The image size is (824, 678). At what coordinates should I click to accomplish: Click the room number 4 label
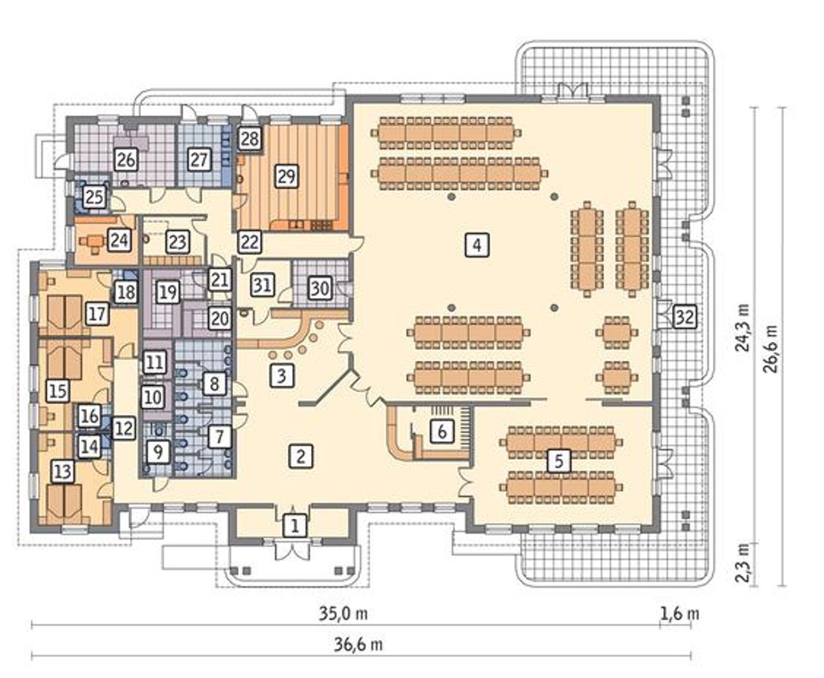click(x=477, y=245)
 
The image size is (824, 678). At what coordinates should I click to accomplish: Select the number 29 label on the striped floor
click(x=286, y=176)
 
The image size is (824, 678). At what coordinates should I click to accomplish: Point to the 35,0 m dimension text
click(x=343, y=614)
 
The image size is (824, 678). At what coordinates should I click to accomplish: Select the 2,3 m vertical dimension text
click(x=741, y=563)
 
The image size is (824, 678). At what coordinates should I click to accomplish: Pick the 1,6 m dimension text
click(x=679, y=614)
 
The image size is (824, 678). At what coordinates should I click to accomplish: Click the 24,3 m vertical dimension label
click(x=741, y=328)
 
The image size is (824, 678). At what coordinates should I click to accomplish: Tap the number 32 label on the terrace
click(x=684, y=317)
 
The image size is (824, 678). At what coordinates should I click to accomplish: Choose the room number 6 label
click(x=442, y=431)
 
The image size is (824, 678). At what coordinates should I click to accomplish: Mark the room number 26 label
click(x=126, y=160)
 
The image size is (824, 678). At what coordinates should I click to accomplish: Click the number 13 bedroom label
click(x=63, y=471)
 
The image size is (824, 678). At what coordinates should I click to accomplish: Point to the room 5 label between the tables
click(x=559, y=461)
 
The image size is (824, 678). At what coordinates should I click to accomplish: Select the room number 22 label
click(x=250, y=242)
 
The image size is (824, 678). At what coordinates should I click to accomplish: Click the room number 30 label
click(x=320, y=288)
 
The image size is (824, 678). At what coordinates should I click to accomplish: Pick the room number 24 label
click(x=119, y=240)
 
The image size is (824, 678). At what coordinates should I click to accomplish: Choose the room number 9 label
click(x=158, y=452)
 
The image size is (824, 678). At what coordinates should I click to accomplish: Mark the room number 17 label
click(x=97, y=314)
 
